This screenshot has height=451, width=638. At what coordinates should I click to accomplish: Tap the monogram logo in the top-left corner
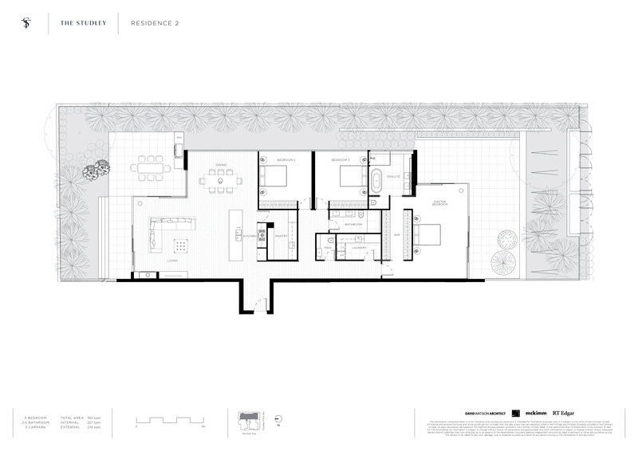pyautogui.click(x=28, y=23)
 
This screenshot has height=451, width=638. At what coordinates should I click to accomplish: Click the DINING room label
pyautogui.click(x=221, y=165)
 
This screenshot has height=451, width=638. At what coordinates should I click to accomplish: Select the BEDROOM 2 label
pyautogui.click(x=286, y=160)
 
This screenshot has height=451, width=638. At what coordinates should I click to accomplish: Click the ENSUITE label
pyautogui.click(x=393, y=175)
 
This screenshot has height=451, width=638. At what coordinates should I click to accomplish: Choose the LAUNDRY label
pyautogui.click(x=358, y=248)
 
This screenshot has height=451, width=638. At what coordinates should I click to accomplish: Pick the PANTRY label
pyautogui.click(x=281, y=236)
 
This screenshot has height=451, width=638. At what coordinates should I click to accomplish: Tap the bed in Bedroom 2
pyautogui.click(x=275, y=178)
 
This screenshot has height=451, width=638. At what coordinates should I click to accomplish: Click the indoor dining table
pyautogui.click(x=221, y=182)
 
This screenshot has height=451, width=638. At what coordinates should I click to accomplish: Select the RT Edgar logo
pyautogui.click(x=565, y=413)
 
